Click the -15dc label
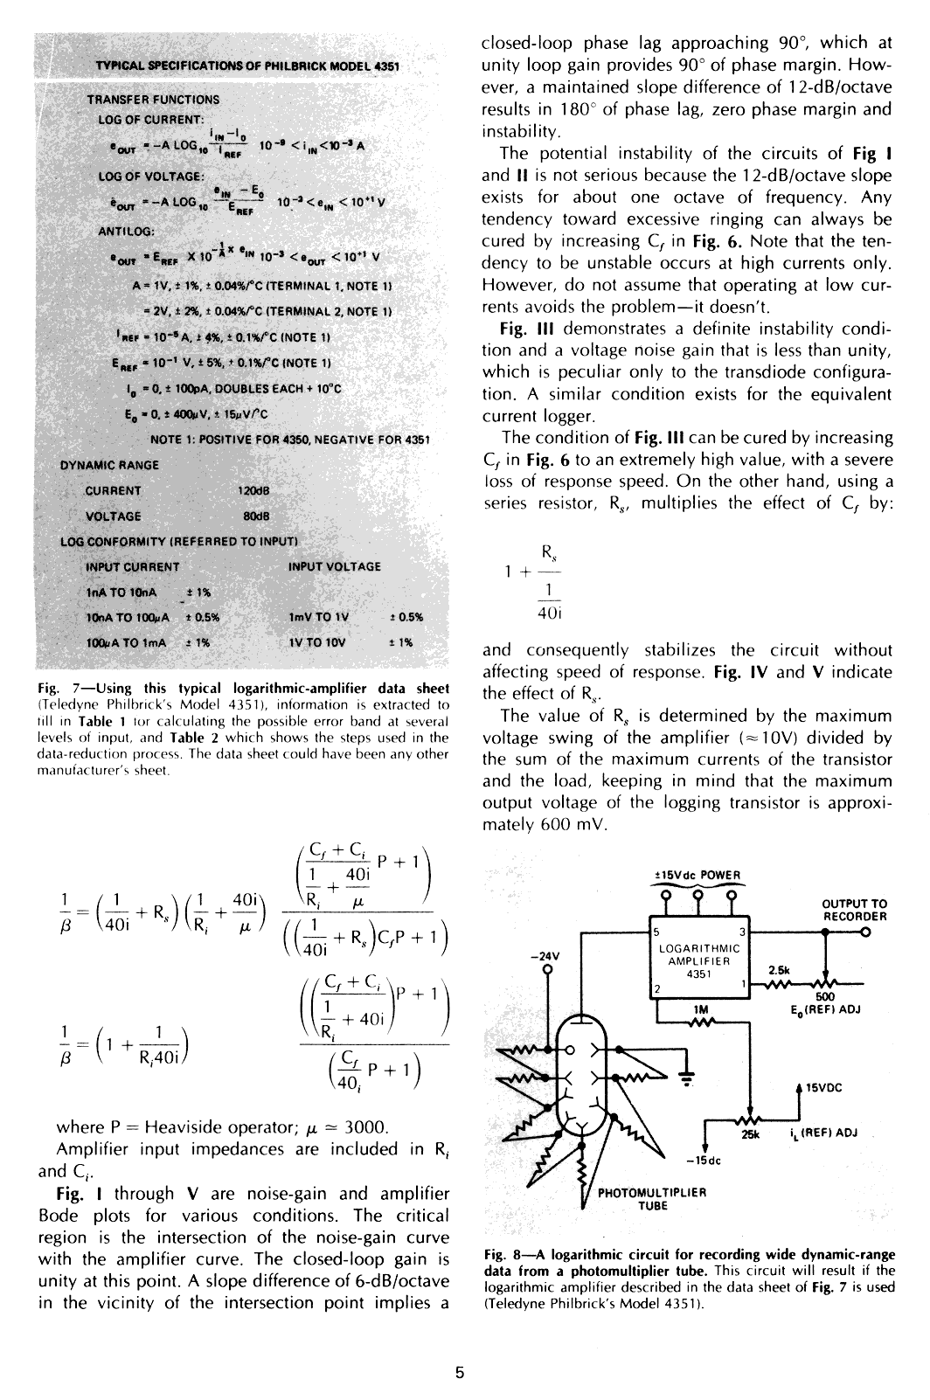tap(703, 1161)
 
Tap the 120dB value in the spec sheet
tap(252, 490)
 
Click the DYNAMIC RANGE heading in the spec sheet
tap(109, 465)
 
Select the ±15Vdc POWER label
tap(697, 876)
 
